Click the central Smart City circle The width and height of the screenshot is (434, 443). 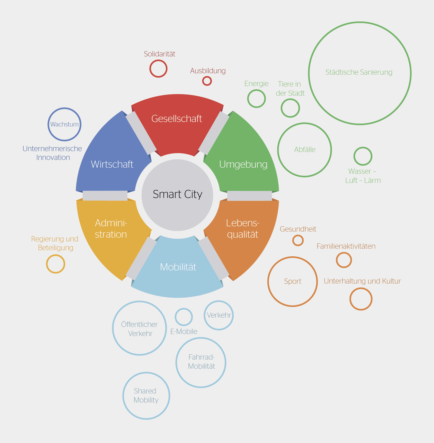(x=177, y=195)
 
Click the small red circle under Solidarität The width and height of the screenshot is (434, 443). (x=158, y=60)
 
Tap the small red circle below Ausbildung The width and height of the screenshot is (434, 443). (x=207, y=77)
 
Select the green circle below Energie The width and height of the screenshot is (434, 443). (x=256, y=90)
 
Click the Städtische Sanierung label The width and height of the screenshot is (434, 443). (x=359, y=72)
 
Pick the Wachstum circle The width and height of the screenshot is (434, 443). (x=64, y=108)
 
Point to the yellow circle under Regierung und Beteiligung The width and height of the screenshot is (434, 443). (x=56, y=255)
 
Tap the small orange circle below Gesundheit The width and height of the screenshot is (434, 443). (x=298, y=235)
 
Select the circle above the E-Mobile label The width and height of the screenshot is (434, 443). (x=184, y=309)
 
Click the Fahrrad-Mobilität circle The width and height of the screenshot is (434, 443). (x=201, y=338)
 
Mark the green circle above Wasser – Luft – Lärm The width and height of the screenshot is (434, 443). (x=363, y=148)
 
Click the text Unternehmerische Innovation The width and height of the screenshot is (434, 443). (x=52, y=153)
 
